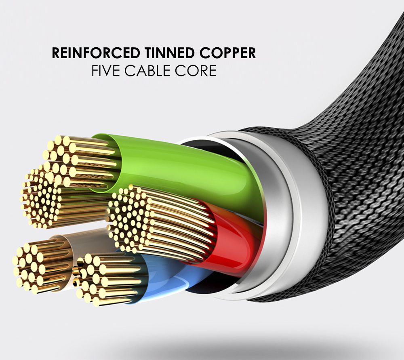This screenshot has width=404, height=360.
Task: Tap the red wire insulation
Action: pos(232,242)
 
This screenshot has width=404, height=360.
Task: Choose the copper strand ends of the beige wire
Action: pos(32,267)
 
